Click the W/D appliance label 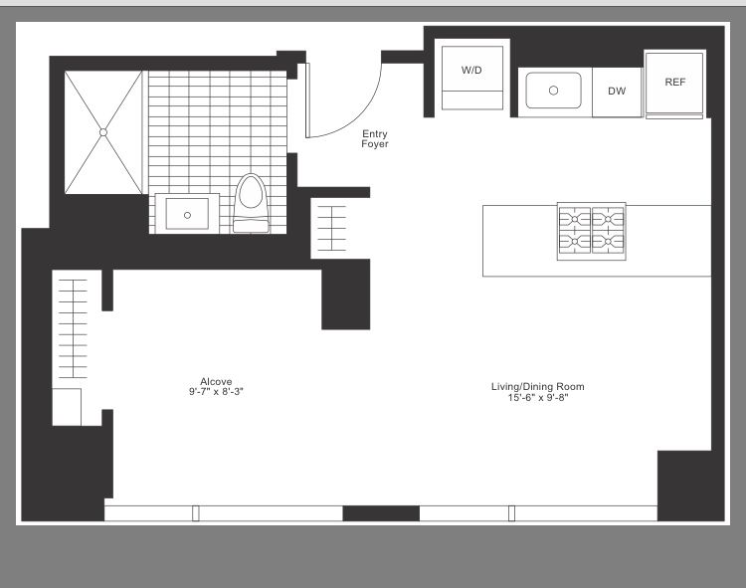pos(471,71)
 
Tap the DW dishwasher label pos(617,91)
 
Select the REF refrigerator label pos(675,83)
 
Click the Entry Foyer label pos(375,139)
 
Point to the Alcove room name pos(216,381)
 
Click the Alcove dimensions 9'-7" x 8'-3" pos(216,392)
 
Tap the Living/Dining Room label pos(537,387)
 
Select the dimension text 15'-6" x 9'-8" pos(537,398)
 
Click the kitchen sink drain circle pos(553,91)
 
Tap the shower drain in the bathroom pos(103,132)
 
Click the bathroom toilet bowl pos(251,193)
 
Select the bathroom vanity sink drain pos(187,216)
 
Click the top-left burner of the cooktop pos(575,219)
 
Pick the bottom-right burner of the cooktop pos(608,242)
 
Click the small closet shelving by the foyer pos(331,229)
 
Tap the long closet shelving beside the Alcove pos(73,328)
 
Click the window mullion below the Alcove pos(196,513)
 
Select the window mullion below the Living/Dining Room pos(511,513)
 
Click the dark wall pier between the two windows pos(381,513)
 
